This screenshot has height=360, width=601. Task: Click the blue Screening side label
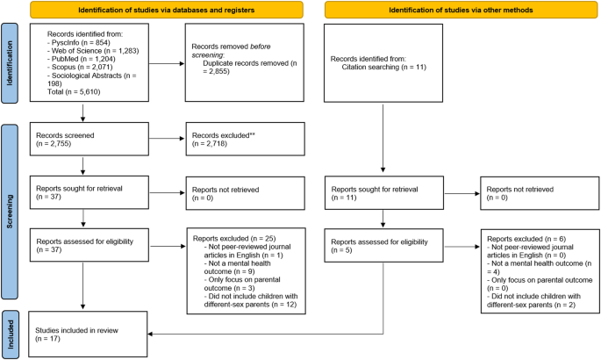[10, 212]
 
